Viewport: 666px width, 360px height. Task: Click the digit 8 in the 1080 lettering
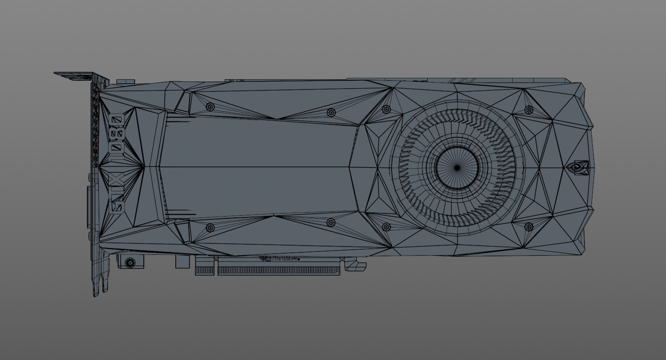(x=117, y=132)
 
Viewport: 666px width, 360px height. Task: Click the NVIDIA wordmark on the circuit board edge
(x=280, y=258)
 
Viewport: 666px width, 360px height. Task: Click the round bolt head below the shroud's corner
(x=130, y=263)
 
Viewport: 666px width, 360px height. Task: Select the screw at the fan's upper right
(x=528, y=110)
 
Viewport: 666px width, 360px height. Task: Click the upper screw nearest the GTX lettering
(x=210, y=106)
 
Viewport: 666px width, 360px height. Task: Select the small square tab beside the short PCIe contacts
(x=183, y=262)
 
